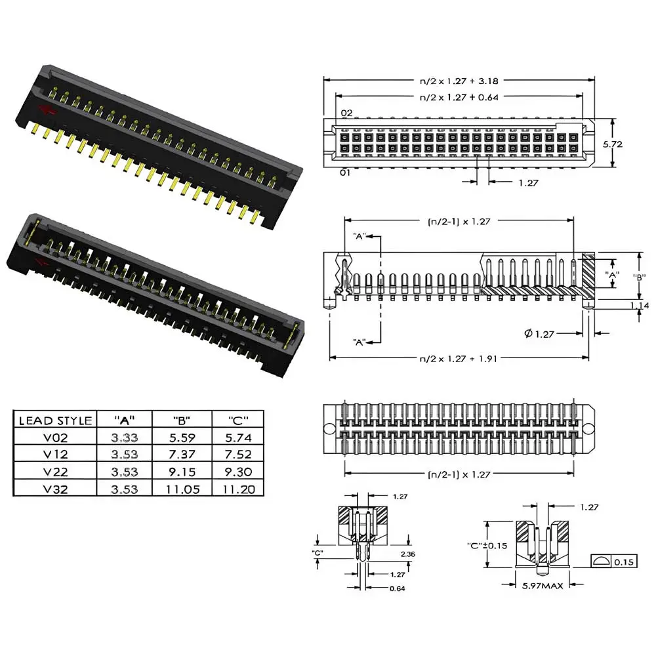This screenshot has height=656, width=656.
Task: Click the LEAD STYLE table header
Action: pyautogui.click(x=56, y=420)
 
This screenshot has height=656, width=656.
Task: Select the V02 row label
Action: pyautogui.click(x=56, y=438)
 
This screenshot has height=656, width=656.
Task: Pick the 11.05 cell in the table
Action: pyautogui.click(x=182, y=489)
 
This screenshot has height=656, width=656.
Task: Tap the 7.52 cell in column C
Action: pyautogui.click(x=239, y=455)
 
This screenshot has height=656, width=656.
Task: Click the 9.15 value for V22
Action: pyautogui.click(x=182, y=472)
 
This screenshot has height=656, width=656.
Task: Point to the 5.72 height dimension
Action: pyautogui.click(x=613, y=144)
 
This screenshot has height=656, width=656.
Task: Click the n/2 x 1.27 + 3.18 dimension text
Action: pyautogui.click(x=459, y=81)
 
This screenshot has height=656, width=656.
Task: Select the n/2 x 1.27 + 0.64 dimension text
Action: pyautogui.click(x=459, y=97)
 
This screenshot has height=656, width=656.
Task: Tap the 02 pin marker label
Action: pyautogui.click(x=347, y=113)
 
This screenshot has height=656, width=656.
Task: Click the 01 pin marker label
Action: pyautogui.click(x=345, y=173)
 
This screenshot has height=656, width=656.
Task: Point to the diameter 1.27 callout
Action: pyautogui.click(x=539, y=333)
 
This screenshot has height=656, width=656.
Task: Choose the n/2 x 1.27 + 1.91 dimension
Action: pyautogui.click(x=458, y=359)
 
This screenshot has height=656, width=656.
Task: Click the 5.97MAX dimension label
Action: pyautogui.click(x=543, y=586)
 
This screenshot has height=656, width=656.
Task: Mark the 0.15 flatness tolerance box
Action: pyautogui.click(x=614, y=562)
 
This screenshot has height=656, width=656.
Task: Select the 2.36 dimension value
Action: pyautogui.click(x=407, y=554)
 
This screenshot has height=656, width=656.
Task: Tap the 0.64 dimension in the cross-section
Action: pyautogui.click(x=397, y=588)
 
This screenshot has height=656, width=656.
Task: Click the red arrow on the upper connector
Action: pyautogui.click(x=47, y=110)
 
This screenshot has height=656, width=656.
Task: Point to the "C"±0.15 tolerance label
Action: pyautogui.click(x=487, y=546)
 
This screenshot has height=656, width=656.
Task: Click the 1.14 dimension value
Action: pyautogui.click(x=640, y=306)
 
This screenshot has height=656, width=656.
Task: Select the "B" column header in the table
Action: pyautogui.click(x=182, y=420)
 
